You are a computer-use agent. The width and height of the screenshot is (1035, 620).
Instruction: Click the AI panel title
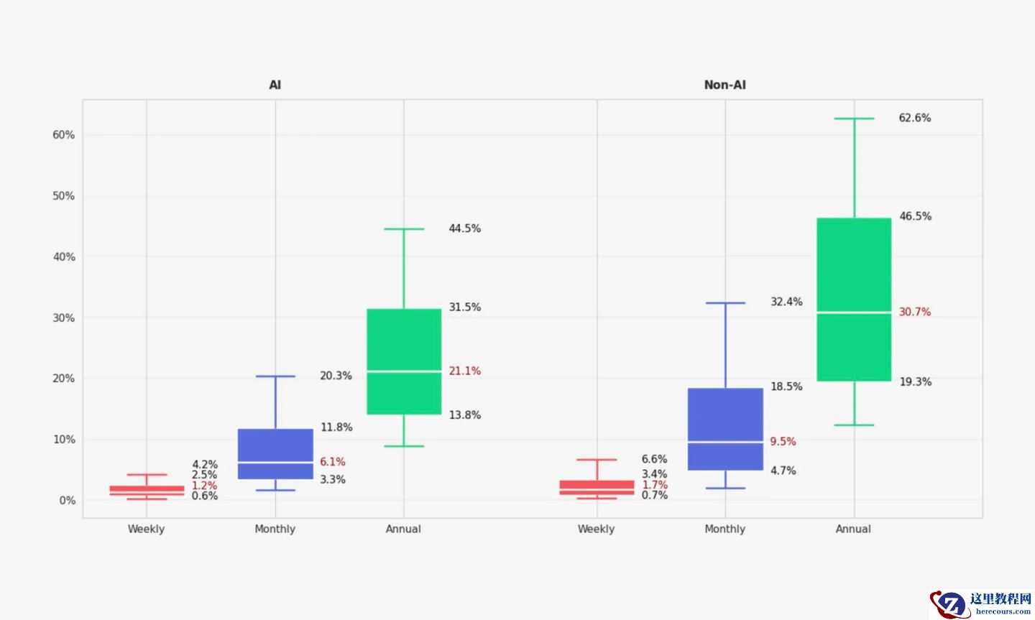tap(275, 85)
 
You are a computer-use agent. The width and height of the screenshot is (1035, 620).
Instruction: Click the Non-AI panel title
tap(724, 85)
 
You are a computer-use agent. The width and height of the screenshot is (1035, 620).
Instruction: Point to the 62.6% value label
tap(914, 118)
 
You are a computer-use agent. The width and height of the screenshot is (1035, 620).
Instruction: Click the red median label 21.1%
tap(464, 371)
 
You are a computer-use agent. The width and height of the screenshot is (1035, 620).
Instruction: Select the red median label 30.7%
tap(914, 312)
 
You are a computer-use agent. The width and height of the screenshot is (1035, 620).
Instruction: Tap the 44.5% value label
tap(464, 228)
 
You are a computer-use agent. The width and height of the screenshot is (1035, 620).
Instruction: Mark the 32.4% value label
tap(786, 302)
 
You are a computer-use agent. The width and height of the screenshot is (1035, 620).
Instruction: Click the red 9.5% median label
tap(783, 441)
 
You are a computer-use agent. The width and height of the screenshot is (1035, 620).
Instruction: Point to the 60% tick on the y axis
tap(63, 135)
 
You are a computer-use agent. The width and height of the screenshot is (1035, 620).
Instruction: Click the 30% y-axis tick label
tap(63, 318)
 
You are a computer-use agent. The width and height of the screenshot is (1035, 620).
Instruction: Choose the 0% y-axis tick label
tap(67, 500)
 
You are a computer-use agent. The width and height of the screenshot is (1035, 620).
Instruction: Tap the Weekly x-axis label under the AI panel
tap(146, 529)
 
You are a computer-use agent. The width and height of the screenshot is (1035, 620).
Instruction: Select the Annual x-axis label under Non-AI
tap(853, 529)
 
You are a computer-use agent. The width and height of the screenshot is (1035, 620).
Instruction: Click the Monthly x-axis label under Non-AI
tap(724, 529)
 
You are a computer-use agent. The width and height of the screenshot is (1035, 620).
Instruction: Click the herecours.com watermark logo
tap(981, 603)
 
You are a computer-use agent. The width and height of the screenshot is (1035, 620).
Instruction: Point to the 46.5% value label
tap(915, 216)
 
